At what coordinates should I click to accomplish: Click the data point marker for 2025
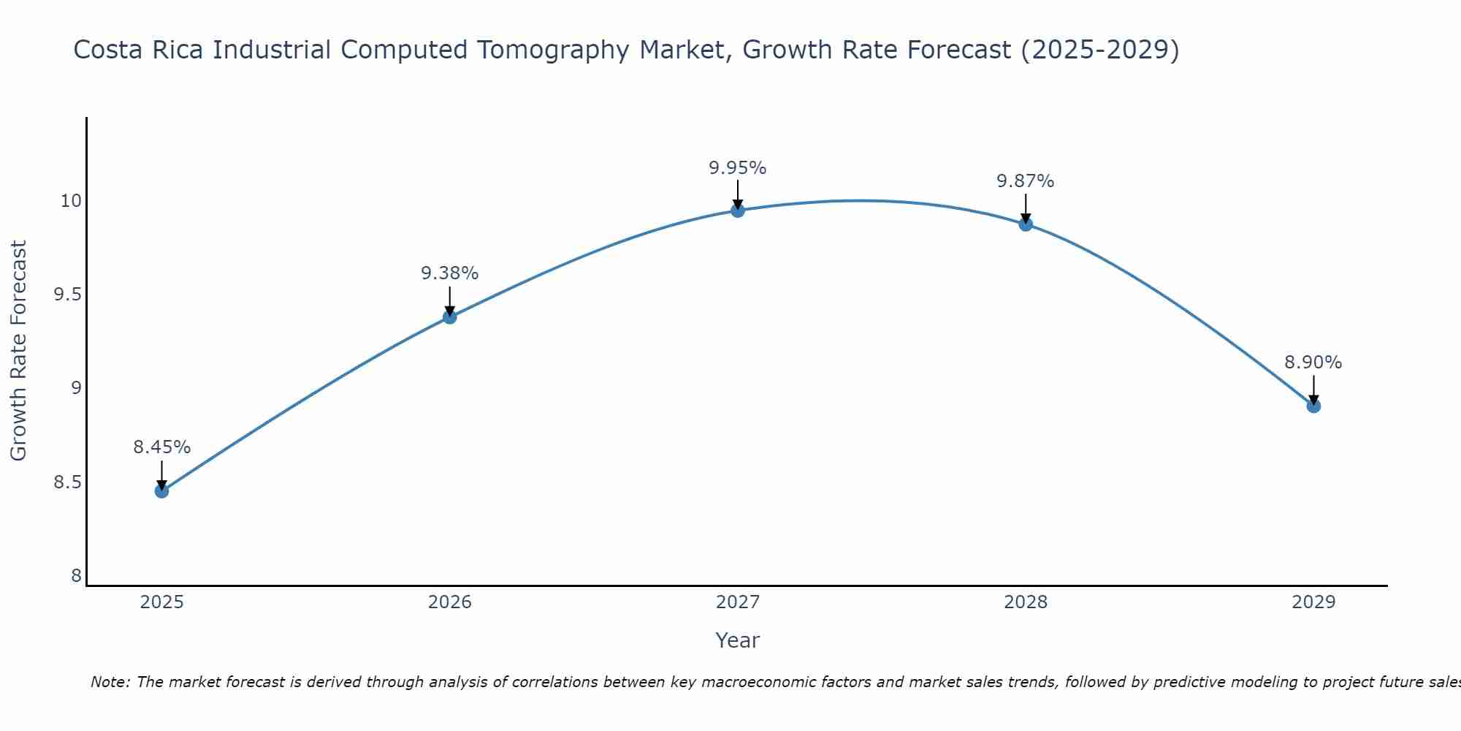[161, 491]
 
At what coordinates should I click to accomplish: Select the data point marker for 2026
[450, 317]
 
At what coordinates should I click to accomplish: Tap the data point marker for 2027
[738, 211]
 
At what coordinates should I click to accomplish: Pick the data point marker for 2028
[1026, 224]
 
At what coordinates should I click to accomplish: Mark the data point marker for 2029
[1313, 406]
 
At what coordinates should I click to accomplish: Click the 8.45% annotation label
[161, 447]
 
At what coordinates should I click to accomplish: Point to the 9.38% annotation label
[450, 273]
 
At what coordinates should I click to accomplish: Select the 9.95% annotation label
[738, 168]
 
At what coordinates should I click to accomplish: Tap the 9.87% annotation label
[1026, 181]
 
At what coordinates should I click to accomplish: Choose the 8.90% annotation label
[1313, 363]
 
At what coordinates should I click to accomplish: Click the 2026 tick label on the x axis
[450, 602]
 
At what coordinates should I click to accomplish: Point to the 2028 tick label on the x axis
[1026, 602]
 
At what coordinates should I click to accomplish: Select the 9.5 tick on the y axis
[67, 295]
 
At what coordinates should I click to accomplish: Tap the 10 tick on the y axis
[71, 201]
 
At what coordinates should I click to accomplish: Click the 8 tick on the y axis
[76, 576]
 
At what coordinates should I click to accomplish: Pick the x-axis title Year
[738, 640]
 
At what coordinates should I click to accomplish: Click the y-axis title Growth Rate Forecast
[18, 351]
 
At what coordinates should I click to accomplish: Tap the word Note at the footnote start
[110, 682]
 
